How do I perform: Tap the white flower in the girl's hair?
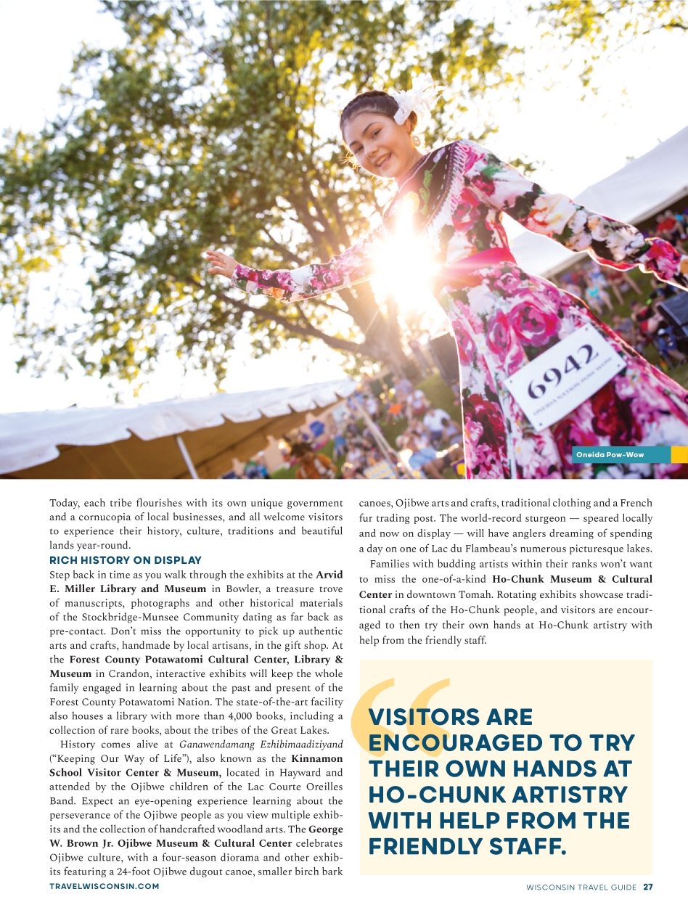pos(406,104)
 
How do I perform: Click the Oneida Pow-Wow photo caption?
pos(610,455)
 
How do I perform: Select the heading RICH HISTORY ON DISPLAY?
pos(126,560)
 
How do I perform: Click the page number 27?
pos(648,887)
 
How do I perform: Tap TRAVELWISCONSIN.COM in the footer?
pos(105,887)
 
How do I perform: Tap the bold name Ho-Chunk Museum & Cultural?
pos(572,579)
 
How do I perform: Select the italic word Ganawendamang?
pos(209,745)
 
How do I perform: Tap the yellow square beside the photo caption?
pos(679,455)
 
